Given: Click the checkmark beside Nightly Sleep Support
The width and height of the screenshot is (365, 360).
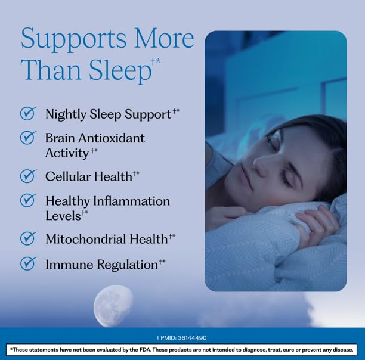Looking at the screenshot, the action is coord(29,113).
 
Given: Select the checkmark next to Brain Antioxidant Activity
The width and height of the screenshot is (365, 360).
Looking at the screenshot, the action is coord(29,138).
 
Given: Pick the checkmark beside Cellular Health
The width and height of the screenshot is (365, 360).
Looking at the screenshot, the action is coord(29,176).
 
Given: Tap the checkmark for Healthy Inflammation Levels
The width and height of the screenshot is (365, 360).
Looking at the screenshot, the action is coord(29,200).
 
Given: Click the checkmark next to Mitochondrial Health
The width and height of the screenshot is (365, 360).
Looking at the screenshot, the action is coord(29,238).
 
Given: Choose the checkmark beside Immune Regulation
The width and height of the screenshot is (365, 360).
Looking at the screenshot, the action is coord(29,263).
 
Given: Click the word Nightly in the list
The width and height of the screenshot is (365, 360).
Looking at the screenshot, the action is coord(66,114).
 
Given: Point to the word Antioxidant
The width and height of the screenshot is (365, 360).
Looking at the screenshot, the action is coord(112,138).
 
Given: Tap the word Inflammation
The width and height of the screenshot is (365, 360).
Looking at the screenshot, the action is coord(131,201).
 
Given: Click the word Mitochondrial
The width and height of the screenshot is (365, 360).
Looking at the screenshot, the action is coord(86,239).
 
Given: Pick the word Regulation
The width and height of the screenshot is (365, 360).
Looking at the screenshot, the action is coord(127,265).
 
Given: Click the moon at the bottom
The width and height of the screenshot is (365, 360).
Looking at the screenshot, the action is coord(113,306).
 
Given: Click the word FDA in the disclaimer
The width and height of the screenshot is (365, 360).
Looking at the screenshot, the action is coord(146,350).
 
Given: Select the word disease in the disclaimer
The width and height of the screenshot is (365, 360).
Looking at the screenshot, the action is coord(344,350).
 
